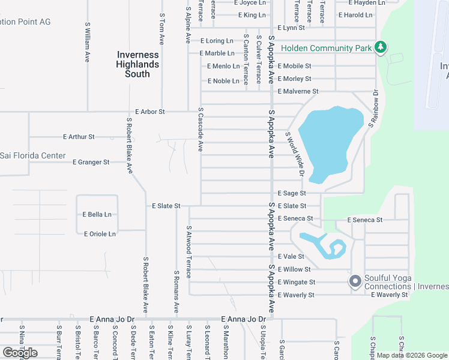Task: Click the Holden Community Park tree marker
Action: (x=379, y=47)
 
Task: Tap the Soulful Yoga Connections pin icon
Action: (x=355, y=281)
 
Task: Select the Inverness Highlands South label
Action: (x=137, y=64)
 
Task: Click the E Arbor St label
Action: (x=150, y=112)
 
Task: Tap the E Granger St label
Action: (x=91, y=162)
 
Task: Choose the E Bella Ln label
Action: (x=97, y=214)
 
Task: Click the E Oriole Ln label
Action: (x=100, y=233)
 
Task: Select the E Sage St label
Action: (x=292, y=193)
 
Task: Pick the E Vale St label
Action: (x=291, y=256)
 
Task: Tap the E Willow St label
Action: (x=294, y=269)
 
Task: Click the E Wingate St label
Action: (x=297, y=282)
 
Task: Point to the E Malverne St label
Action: (x=298, y=91)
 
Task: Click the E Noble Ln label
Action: (x=223, y=81)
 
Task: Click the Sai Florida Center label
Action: (x=32, y=156)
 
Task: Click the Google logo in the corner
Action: (x=20, y=353)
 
